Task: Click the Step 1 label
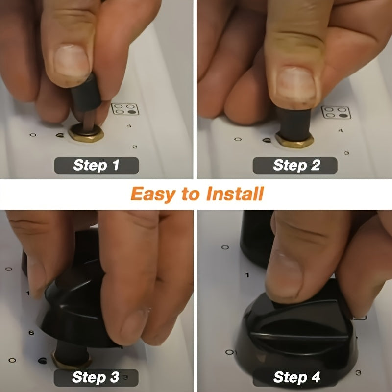[x=97, y=165]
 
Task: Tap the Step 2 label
[x=295, y=165]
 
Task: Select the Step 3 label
[x=96, y=377]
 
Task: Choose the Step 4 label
[x=296, y=377]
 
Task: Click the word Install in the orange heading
[x=236, y=194]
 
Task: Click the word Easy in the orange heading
[x=153, y=195]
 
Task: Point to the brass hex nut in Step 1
[x=86, y=134]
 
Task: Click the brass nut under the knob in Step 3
[x=71, y=361]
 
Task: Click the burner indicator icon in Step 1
[x=125, y=109]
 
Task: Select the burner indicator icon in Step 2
[x=336, y=112]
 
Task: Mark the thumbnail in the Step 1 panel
[x=72, y=60]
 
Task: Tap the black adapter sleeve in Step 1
[x=86, y=93]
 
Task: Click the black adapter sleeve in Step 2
[x=294, y=124]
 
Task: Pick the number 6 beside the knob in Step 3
[x=31, y=333]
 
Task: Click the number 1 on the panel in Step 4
[x=247, y=275]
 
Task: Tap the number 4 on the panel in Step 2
[x=340, y=130]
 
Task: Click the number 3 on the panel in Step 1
[x=135, y=147]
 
